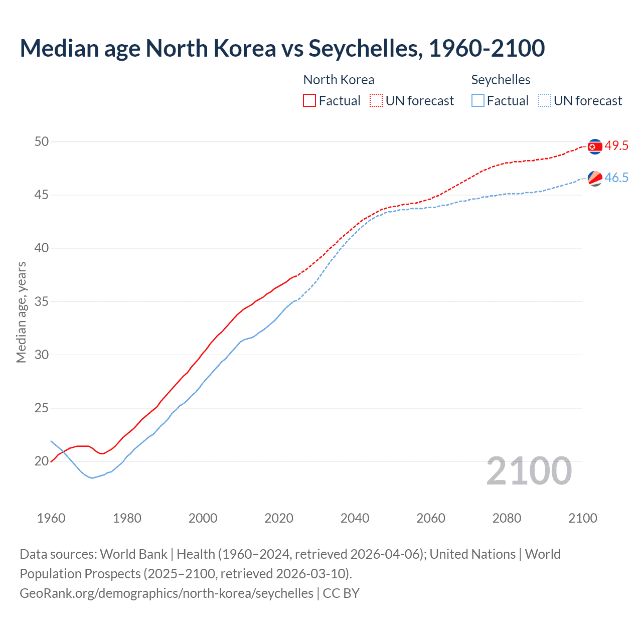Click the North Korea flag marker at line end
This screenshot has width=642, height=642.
(x=594, y=146)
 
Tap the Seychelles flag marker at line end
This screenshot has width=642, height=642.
(x=594, y=178)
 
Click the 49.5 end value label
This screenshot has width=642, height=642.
(x=616, y=146)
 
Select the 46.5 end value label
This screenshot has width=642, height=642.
(x=616, y=178)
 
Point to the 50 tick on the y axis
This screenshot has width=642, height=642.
(x=42, y=142)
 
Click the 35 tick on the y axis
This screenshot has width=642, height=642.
(x=42, y=302)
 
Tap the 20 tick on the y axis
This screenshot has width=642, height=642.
(x=42, y=461)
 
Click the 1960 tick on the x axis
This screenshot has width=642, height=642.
(x=51, y=518)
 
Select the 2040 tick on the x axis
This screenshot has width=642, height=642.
(x=355, y=518)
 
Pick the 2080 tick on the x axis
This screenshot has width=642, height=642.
(x=507, y=518)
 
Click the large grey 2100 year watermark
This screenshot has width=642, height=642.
(x=529, y=471)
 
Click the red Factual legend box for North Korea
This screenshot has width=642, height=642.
(x=309, y=100)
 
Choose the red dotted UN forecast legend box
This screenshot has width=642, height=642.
(x=376, y=100)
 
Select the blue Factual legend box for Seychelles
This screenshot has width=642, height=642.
(x=478, y=100)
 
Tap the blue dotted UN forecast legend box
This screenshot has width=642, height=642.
(x=545, y=100)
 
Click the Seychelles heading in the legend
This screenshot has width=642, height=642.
(x=501, y=80)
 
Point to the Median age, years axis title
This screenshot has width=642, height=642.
(x=21, y=312)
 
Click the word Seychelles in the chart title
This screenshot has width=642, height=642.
(x=364, y=48)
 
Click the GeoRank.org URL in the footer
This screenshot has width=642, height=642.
(x=167, y=593)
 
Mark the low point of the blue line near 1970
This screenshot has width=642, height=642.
(x=92, y=478)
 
